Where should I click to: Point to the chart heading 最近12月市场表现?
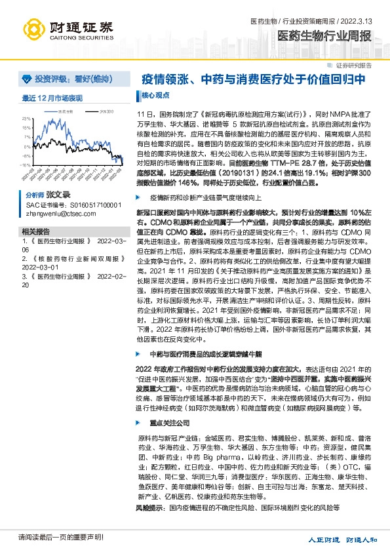tap(52, 98)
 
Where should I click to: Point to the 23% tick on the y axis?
tap(26, 119)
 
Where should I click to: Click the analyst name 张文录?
tap(58, 195)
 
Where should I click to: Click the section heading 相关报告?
tap(35, 232)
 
